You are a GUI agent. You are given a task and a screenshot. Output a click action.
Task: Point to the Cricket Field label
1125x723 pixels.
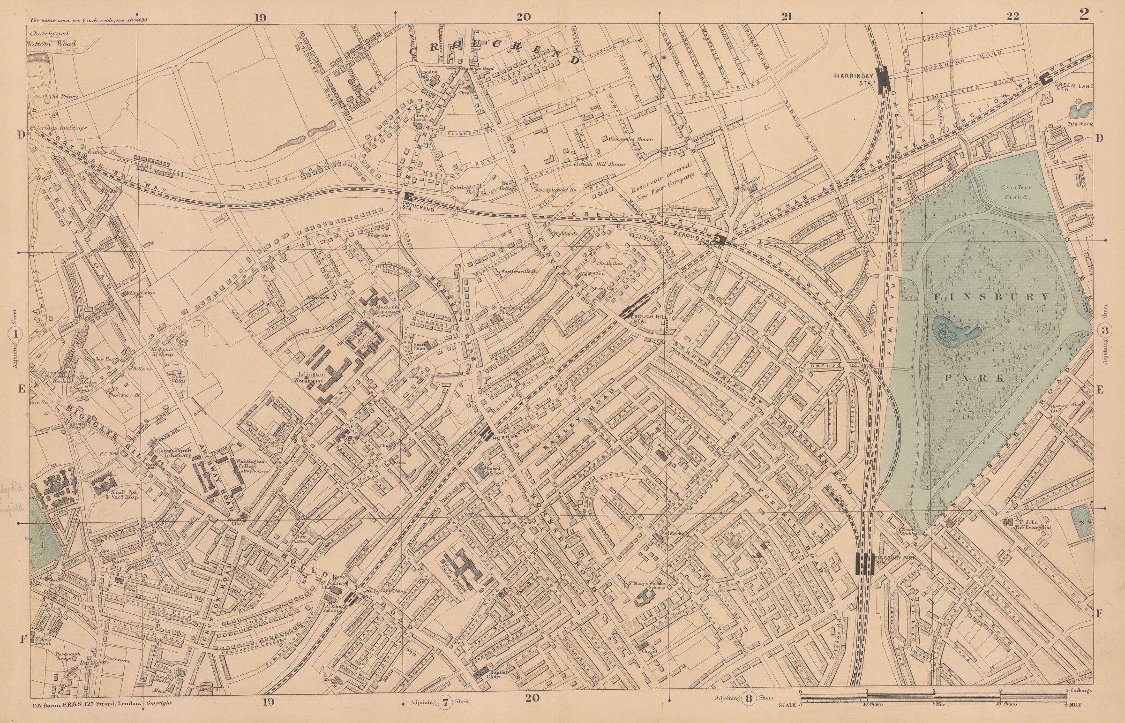(1016, 192)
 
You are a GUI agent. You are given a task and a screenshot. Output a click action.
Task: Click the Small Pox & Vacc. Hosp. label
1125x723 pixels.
(123, 494)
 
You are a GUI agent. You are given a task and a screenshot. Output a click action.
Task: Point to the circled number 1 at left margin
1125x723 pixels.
(15, 335)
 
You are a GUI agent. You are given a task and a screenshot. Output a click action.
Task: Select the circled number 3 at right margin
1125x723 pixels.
(1104, 330)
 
